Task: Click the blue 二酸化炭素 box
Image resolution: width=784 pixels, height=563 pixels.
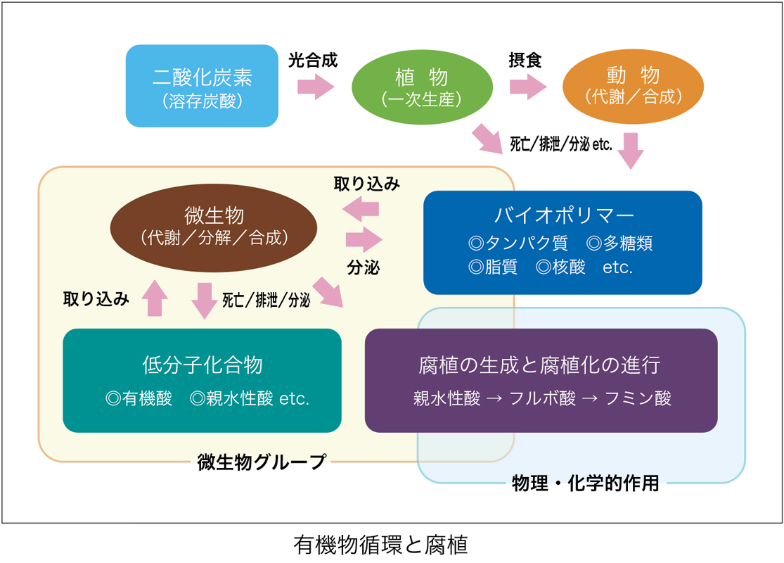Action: pos(202,86)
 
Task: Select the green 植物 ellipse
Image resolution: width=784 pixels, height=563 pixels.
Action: pos(422,87)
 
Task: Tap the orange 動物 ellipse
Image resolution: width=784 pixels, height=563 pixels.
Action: pos(633,86)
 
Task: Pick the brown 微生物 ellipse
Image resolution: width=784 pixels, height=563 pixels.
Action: pos(214,228)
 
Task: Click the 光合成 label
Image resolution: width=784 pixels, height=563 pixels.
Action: pos(313,60)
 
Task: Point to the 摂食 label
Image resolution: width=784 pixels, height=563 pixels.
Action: pos(525,60)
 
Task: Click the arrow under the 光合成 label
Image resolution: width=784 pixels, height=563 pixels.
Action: pos(316,87)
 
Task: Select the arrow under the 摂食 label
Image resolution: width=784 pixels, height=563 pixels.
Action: pos(528,87)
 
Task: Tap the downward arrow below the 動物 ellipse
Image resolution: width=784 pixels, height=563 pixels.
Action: pos(631,151)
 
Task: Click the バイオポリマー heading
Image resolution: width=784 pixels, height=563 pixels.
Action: pos(563,215)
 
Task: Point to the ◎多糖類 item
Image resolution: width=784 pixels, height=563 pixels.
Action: pos(619,243)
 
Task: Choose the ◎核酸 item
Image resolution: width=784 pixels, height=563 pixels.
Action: pos(560,267)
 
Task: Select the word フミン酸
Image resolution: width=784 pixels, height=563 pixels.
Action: pos(638,398)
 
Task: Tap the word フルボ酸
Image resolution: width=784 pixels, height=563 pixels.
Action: pos(543,398)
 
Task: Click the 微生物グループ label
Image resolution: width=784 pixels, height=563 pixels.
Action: pos(261,462)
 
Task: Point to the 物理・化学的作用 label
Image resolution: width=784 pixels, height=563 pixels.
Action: pos(586,483)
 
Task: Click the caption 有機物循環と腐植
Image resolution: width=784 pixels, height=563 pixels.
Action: pos(380,545)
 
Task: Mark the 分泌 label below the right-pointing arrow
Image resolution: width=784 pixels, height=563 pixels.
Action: pos(364,267)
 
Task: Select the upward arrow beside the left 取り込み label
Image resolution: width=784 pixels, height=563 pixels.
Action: pos(155,298)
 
